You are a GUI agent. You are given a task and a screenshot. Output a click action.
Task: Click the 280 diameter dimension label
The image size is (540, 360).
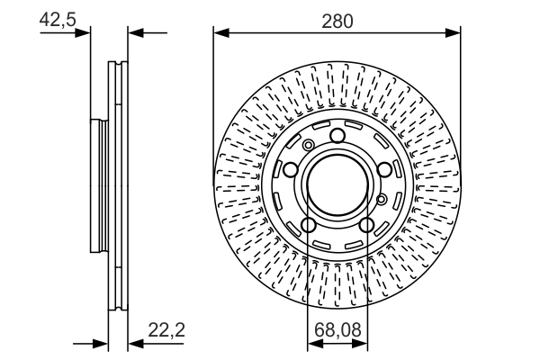337,19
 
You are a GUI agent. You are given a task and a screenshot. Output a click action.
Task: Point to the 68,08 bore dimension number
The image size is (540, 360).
337,330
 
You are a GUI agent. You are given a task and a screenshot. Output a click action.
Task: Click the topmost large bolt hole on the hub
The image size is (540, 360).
337,136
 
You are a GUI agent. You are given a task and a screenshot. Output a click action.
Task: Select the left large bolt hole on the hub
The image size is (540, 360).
291,170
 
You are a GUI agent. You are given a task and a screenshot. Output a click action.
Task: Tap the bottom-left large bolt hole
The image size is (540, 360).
309,225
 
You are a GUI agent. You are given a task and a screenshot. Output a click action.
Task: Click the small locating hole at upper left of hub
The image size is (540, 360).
309,146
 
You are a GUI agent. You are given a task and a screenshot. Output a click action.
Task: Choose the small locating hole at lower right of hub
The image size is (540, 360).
382,198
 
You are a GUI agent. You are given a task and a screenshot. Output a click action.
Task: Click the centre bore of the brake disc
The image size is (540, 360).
337,185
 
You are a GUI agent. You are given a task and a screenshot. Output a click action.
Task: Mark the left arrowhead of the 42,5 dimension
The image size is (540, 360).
86,33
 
